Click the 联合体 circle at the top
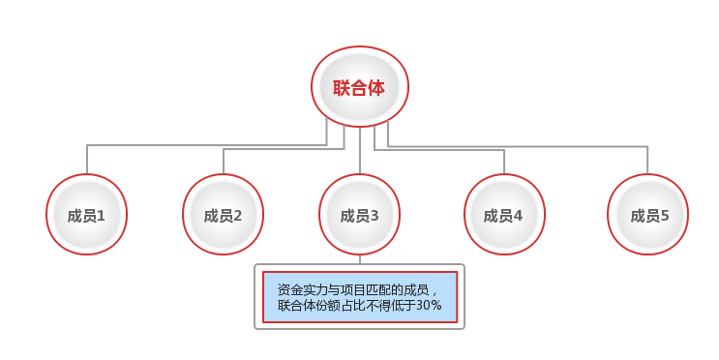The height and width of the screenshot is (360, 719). (359, 87)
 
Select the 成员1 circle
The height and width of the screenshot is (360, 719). (87, 215)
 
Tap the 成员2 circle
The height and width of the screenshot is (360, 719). (224, 215)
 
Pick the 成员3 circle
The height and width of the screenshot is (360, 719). (359, 215)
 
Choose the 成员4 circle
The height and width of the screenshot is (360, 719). (504, 215)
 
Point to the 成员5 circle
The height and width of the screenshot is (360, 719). (647, 215)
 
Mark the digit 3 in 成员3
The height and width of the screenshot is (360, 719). (374, 216)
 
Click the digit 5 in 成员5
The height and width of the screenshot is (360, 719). (664, 216)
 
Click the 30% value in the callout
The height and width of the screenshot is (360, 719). (429, 306)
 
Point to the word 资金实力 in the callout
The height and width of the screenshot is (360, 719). (301, 289)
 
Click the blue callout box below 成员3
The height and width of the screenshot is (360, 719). (359, 297)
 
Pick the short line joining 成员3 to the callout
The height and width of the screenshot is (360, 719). (359, 259)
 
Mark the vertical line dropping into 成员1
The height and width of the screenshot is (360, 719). (87, 160)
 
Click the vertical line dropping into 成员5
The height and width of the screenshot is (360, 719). (647, 160)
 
